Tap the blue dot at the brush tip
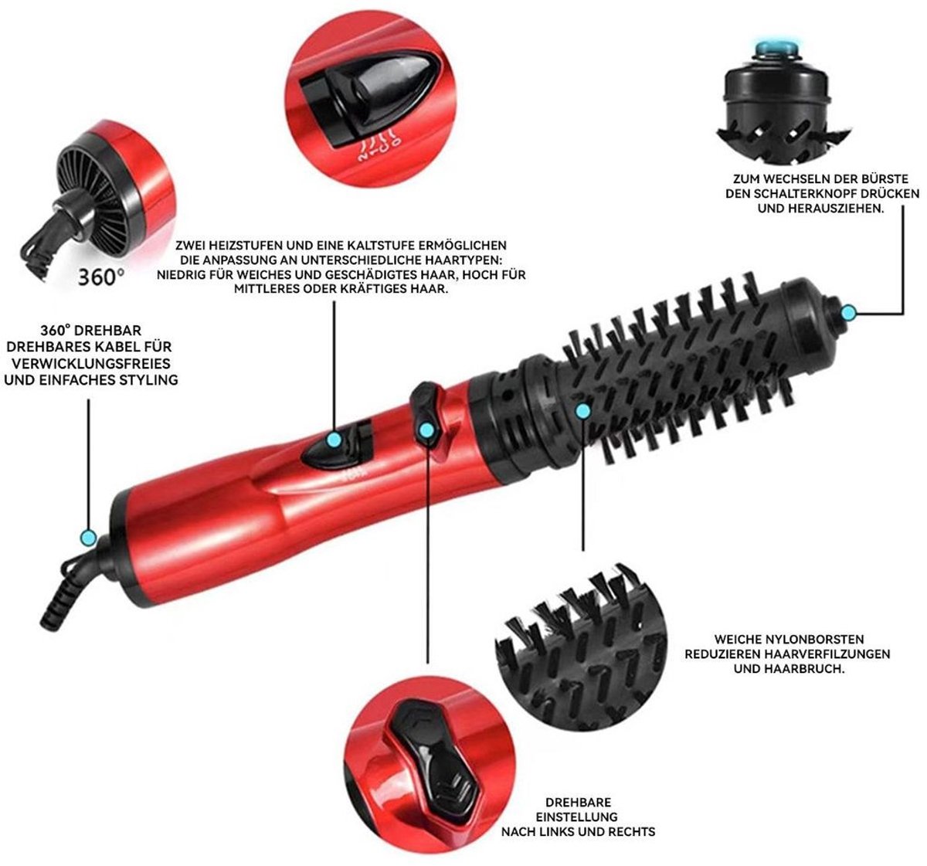(848, 312)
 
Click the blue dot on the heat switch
(334, 440)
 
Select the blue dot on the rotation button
(426, 430)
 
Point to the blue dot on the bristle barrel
(582, 411)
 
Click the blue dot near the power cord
(88, 538)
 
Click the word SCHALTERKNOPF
(820, 193)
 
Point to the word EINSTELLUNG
(576, 817)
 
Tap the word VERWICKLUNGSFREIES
(91, 363)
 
